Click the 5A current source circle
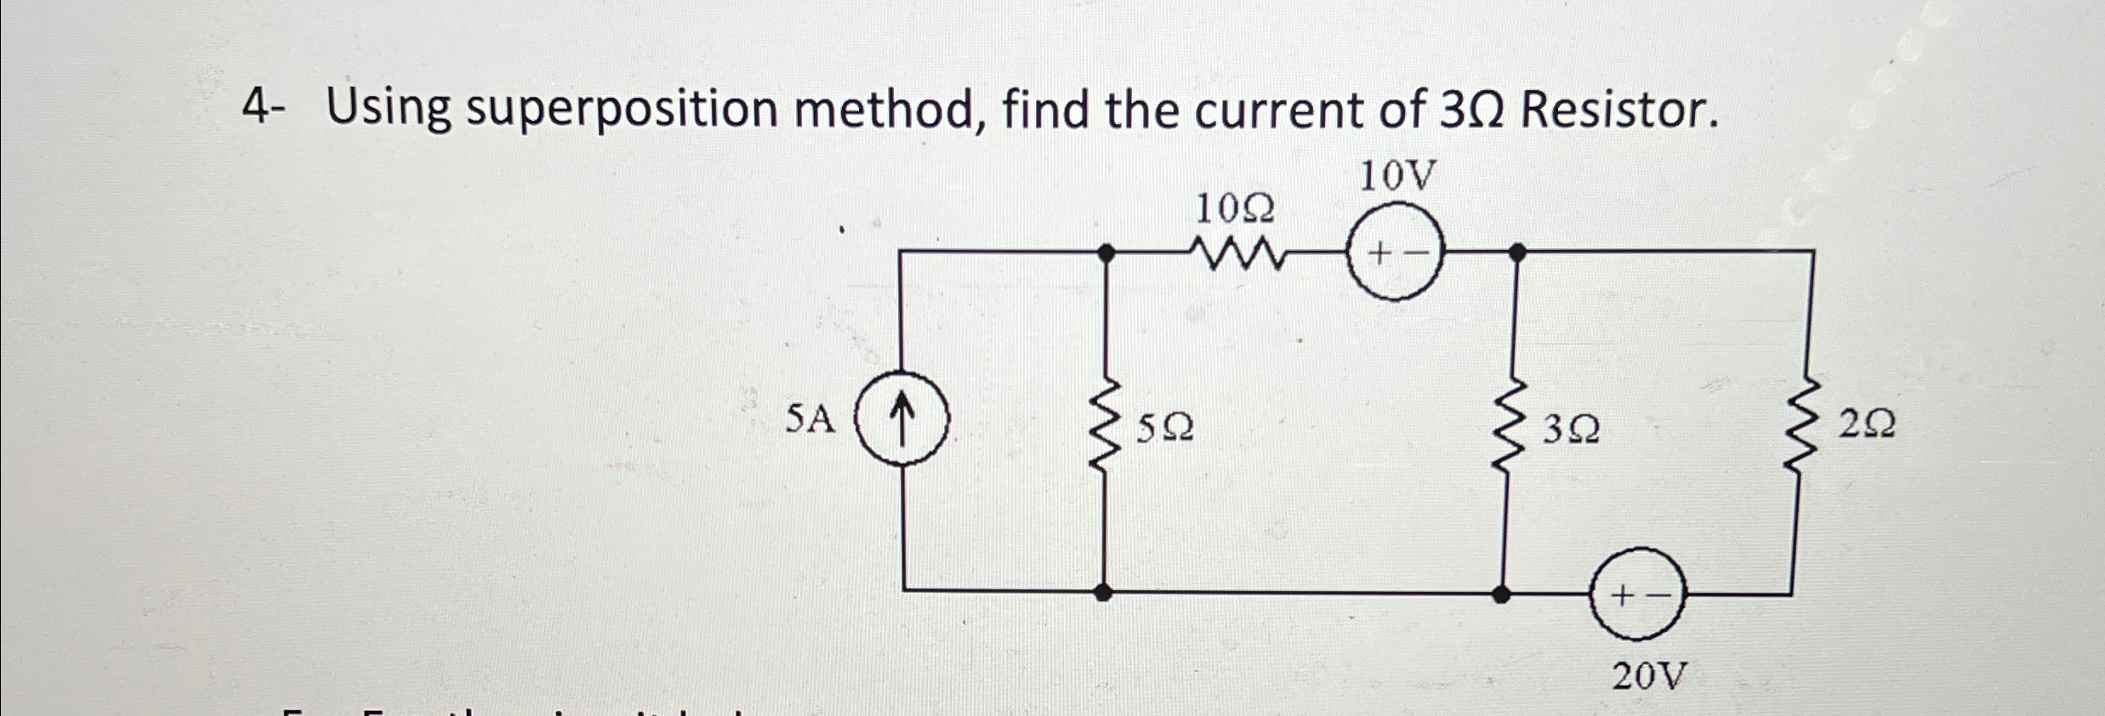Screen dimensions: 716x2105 [x=902, y=418]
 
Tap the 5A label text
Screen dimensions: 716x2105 [x=810, y=419]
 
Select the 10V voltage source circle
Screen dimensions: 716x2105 [x=1395, y=253]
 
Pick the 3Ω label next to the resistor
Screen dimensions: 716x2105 [x=1570, y=430]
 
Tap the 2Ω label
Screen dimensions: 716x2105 [x=1867, y=423]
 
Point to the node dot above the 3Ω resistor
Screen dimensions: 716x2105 [x=1516, y=252]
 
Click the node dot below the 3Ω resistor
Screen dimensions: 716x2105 [x=1503, y=594]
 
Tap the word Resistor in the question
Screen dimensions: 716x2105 [x=1614, y=111]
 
